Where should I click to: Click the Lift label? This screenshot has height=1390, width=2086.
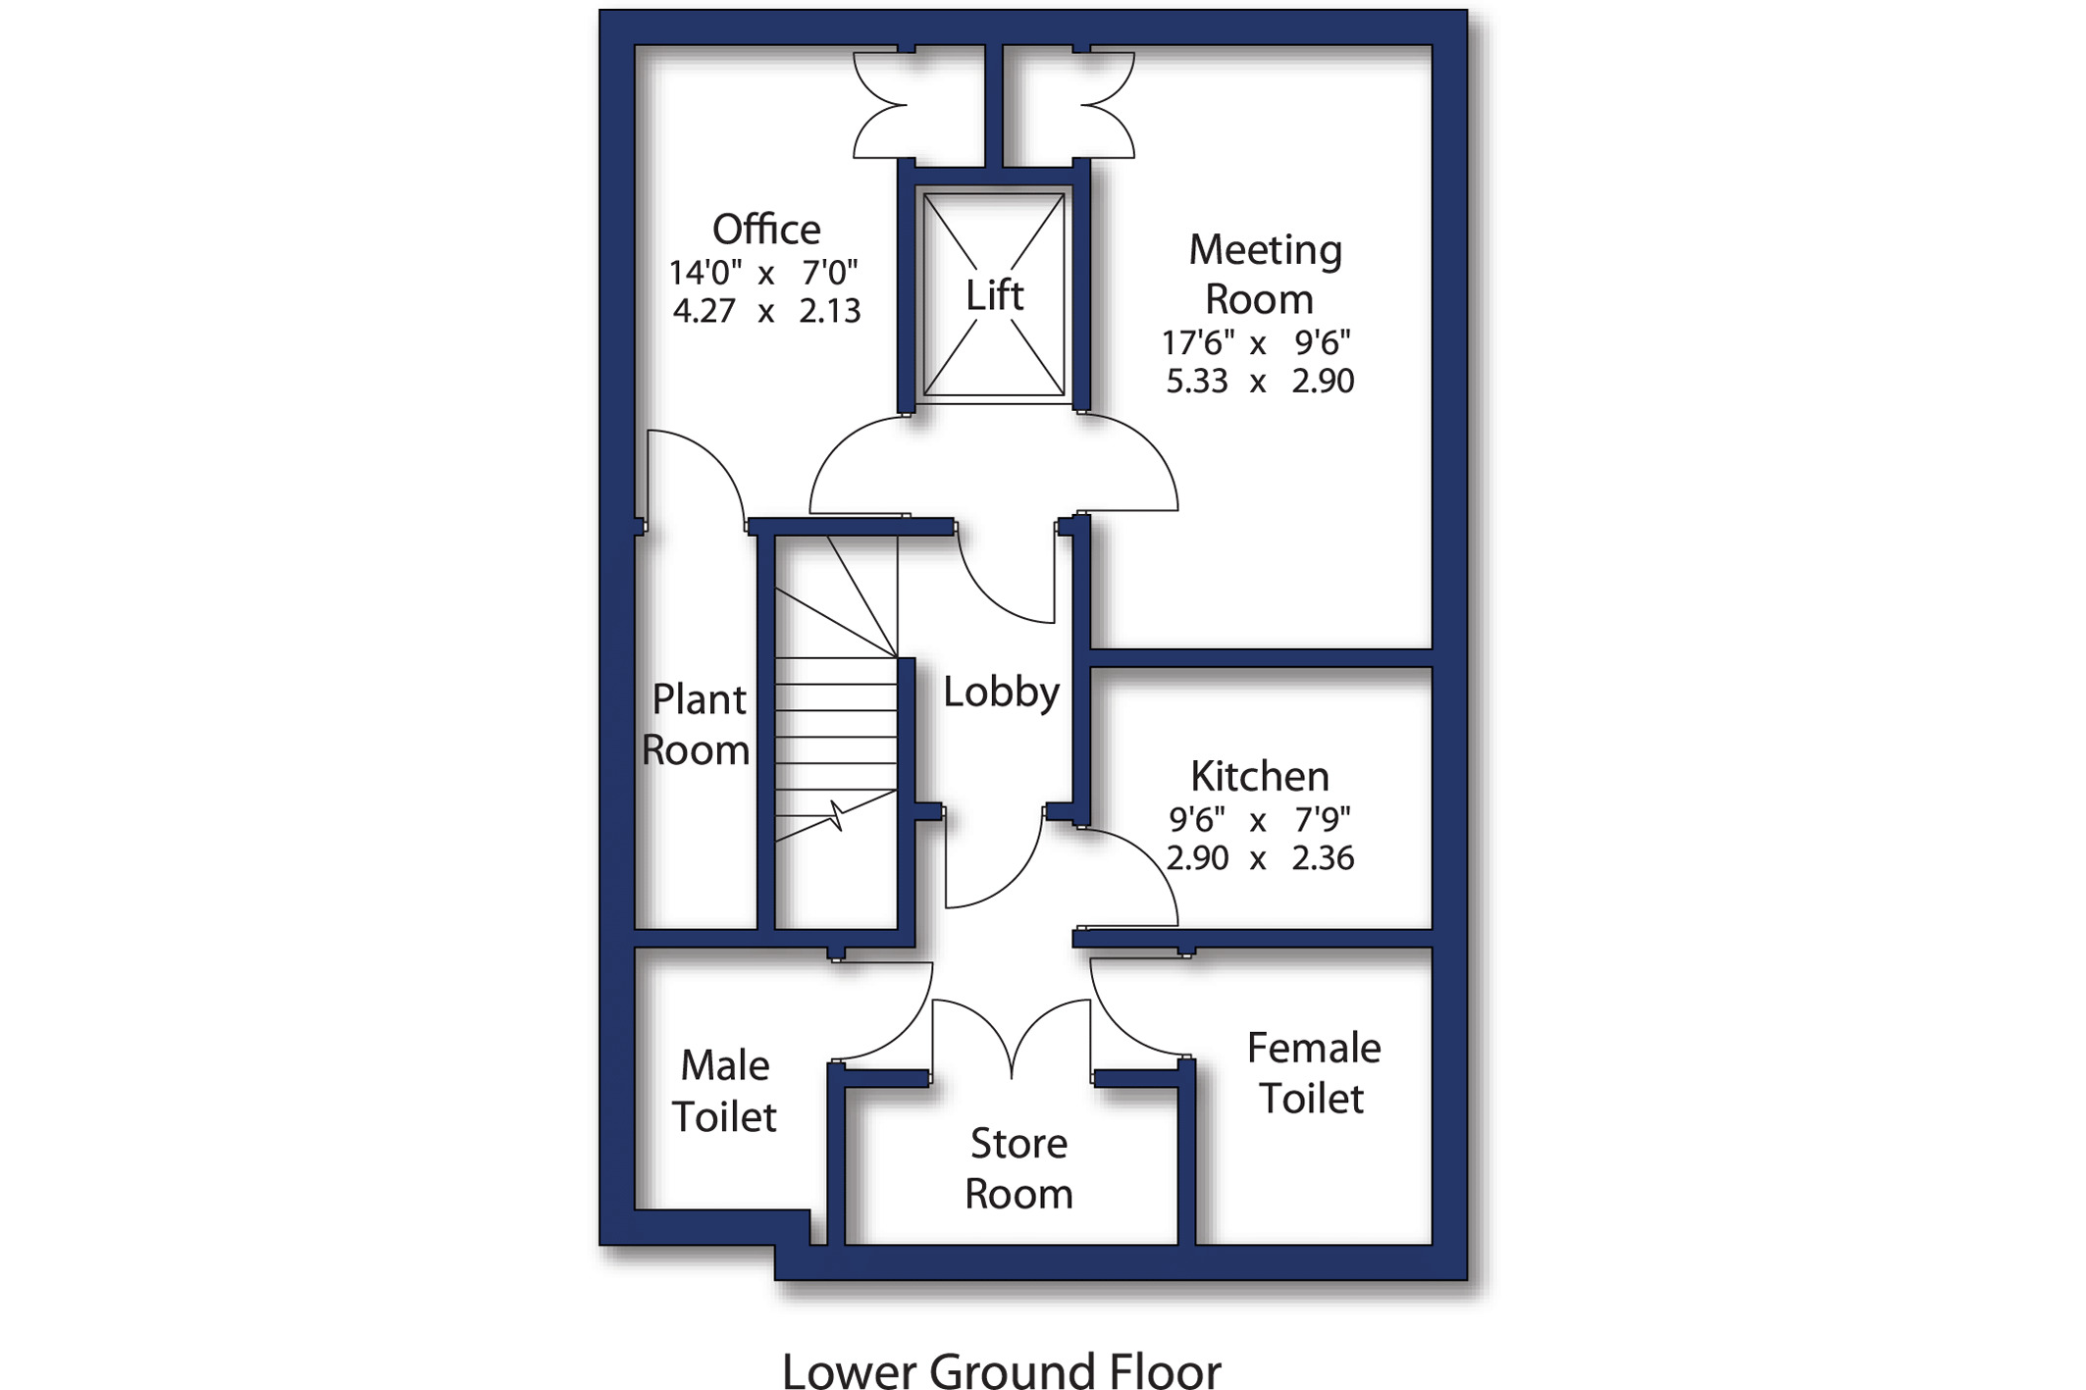pyautogui.click(x=994, y=295)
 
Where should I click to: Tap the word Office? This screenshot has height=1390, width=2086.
pyautogui.click(x=766, y=230)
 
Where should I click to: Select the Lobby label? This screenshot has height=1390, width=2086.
pyautogui.click(x=1001, y=693)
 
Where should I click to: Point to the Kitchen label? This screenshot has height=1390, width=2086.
pyautogui.click(x=1260, y=776)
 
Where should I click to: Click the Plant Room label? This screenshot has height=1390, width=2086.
pyautogui.click(x=696, y=725)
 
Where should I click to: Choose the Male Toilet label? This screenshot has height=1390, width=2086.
pyautogui.click(x=724, y=1091)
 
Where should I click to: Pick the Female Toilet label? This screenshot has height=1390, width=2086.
pyautogui.click(x=1313, y=1073)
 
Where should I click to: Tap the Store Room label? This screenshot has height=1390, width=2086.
pyautogui.click(x=1018, y=1168)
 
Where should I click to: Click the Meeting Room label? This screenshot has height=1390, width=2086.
pyautogui.click(x=1264, y=274)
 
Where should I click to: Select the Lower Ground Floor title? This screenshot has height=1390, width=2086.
pyautogui.click(x=1001, y=1370)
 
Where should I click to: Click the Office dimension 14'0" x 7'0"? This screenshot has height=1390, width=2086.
pyautogui.click(x=763, y=272)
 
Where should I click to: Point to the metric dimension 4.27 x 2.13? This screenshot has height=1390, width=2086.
pyautogui.click(x=766, y=311)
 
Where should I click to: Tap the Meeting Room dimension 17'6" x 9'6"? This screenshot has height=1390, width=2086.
pyautogui.click(x=1256, y=342)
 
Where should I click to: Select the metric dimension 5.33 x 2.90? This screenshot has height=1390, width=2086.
pyautogui.click(x=1260, y=381)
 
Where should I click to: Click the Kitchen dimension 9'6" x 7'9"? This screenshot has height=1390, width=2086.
pyautogui.click(x=1260, y=818)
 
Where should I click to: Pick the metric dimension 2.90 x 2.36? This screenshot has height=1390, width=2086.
pyautogui.click(x=1260, y=858)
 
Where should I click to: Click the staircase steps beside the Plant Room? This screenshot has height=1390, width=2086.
pyautogui.click(x=836, y=726)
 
